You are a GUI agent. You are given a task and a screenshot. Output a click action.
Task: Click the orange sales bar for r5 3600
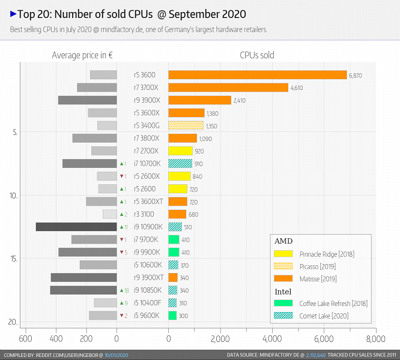[257, 75]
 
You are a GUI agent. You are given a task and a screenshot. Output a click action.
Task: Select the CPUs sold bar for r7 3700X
[228, 88]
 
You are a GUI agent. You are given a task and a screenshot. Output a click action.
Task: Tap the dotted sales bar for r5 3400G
[186, 125]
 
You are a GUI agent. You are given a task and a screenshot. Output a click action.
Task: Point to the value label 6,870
[355, 76]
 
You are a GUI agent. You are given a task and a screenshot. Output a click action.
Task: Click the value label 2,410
[240, 100]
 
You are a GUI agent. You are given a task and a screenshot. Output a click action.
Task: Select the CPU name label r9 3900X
[145, 100]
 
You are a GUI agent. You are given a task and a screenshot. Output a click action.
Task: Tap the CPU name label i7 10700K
[144, 163]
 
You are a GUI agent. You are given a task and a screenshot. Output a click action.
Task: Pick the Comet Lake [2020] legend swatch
[283, 316]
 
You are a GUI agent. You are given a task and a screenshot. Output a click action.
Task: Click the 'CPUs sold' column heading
[256, 55]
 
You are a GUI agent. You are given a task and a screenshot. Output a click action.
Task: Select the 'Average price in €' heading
[83, 55]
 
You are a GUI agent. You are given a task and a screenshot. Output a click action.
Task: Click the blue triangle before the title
[13, 13]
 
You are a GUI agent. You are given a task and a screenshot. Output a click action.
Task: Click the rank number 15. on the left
[14, 259]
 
